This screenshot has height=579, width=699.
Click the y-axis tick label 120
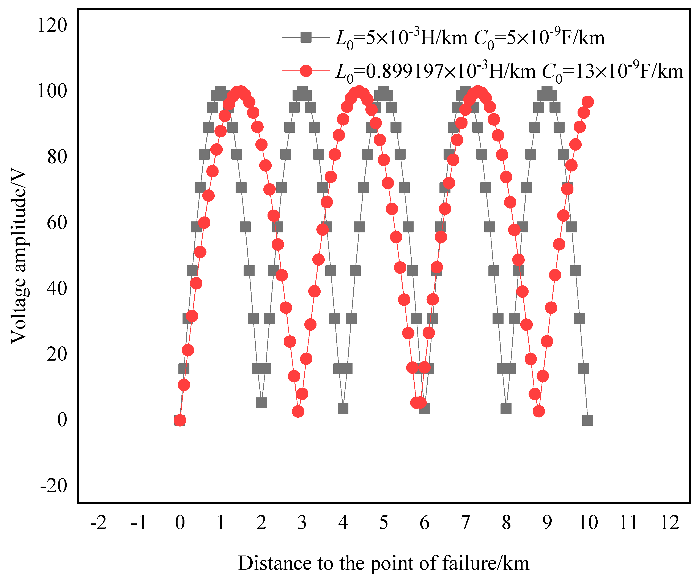[52, 25]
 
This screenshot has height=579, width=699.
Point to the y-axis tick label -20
[53, 486]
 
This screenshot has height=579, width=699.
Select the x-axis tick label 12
[669, 523]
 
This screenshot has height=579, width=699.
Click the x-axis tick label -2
[98, 523]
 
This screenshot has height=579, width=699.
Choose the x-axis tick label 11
[628, 523]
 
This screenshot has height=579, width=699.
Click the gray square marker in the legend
[305, 37]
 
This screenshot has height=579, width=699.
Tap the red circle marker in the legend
[305, 71]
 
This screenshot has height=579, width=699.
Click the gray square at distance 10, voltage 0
[587, 420]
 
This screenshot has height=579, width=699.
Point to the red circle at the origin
[180, 420]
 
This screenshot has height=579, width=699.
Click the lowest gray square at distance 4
[343, 409]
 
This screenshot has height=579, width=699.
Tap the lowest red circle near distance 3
[298, 411]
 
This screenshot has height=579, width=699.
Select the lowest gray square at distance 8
[506, 409]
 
